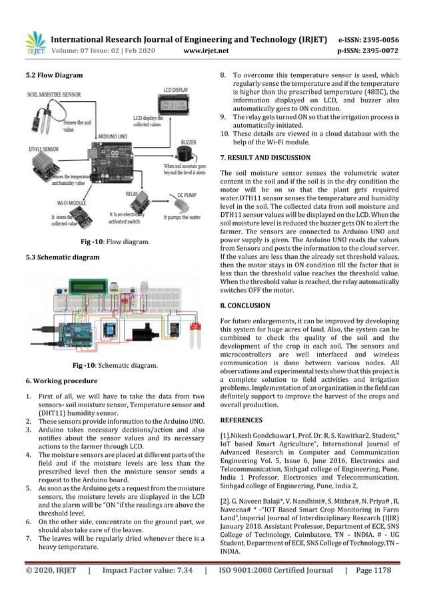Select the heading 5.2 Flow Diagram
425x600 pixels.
pos(54,75)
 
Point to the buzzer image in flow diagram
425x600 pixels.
pos(188,152)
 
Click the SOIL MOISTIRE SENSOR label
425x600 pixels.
pos(54,95)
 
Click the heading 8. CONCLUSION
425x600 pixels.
pos(245,305)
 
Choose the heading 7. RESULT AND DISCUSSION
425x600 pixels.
pos(265,158)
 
